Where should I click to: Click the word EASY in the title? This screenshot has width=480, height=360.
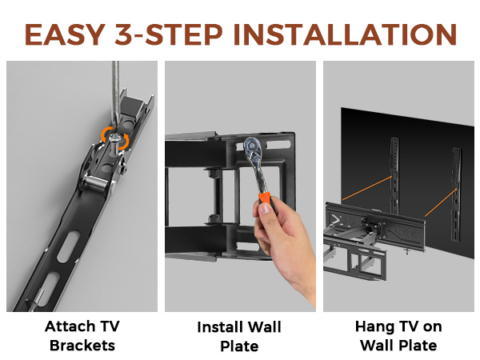point(65,34)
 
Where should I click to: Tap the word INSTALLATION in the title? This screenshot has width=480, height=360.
point(345,34)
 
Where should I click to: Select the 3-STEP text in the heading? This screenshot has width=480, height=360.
point(169,34)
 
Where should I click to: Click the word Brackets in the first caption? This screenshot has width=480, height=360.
point(82,346)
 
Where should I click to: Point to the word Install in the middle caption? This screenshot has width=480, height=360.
point(221,327)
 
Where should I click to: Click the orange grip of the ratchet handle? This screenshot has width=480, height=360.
point(265,198)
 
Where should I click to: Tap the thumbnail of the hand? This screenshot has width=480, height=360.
point(265,209)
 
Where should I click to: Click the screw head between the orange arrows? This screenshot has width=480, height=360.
point(114,138)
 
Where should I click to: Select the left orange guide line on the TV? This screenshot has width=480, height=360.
point(367,188)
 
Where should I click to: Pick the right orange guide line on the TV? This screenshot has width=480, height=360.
point(441,202)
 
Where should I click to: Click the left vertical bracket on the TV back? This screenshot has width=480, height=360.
point(394,175)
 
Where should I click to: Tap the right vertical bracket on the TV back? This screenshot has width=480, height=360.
point(457,194)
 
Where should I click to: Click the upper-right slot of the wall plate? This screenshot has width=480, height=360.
point(278,144)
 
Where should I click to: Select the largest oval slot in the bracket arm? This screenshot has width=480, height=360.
point(69,246)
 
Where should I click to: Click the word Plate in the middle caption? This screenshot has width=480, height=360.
point(239,346)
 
